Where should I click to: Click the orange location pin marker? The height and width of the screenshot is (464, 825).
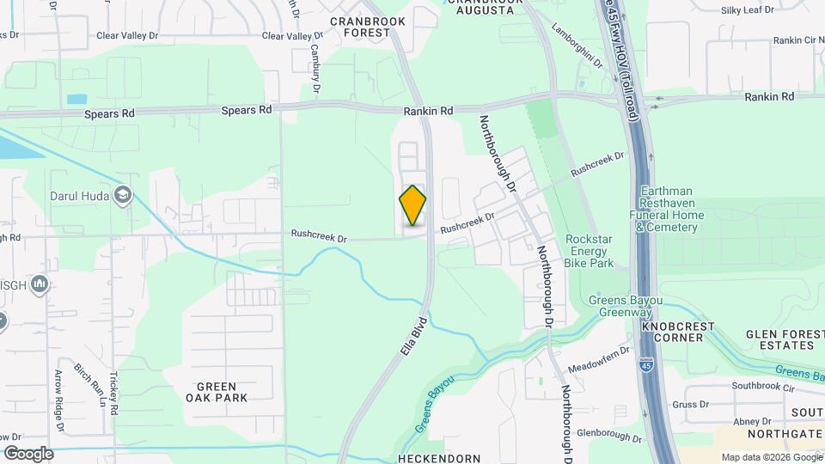click(412, 205)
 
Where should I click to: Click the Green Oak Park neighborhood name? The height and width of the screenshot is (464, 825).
click(217, 392)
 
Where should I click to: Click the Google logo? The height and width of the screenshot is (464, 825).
click(28, 453)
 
